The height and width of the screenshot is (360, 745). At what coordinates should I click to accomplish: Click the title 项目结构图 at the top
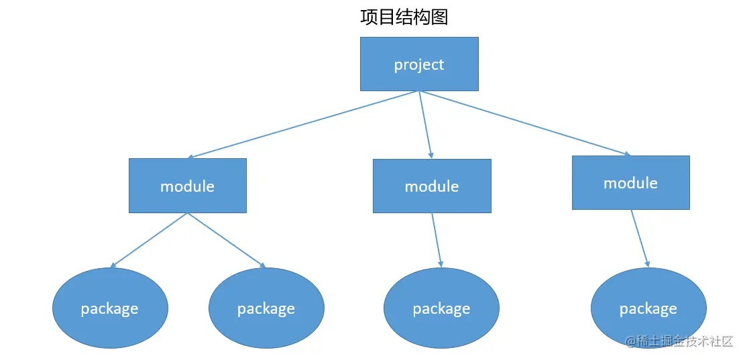click(x=404, y=17)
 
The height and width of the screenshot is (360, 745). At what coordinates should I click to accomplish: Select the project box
click(x=419, y=64)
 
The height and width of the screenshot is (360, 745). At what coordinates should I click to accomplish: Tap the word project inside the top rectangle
click(x=419, y=65)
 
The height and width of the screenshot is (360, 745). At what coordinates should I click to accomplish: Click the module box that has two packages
click(x=188, y=186)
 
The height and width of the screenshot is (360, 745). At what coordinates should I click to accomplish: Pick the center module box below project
click(x=432, y=186)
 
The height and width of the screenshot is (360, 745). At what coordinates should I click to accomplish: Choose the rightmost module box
click(x=630, y=182)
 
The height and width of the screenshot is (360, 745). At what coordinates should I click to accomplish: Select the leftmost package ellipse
click(x=110, y=308)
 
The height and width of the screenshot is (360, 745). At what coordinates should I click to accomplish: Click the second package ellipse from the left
click(x=266, y=308)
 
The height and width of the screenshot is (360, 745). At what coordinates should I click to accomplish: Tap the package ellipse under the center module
click(x=441, y=308)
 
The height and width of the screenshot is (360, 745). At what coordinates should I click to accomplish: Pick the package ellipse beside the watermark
click(x=648, y=308)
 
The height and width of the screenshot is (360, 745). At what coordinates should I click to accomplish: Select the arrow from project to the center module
click(x=425, y=125)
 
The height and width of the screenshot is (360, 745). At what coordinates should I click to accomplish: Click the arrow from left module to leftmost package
click(x=149, y=241)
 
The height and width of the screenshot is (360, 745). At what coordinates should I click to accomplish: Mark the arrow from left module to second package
click(x=227, y=241)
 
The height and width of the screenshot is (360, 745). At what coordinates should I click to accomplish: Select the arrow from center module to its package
click(x=437, y=241)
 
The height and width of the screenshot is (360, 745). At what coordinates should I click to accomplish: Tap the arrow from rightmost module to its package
click(x=640, y=239)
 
